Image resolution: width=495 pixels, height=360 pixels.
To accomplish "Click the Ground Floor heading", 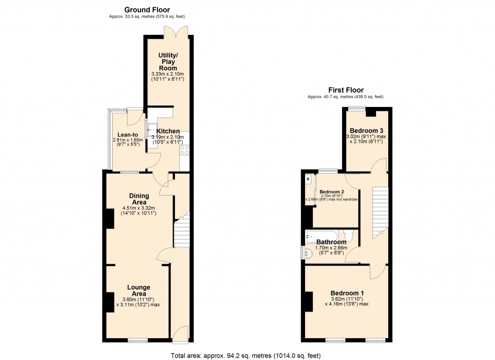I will [x=147, y=10].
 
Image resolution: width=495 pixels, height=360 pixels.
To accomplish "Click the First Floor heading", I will [x=346, y=90].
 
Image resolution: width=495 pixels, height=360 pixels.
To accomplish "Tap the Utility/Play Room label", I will [x=168, y=61].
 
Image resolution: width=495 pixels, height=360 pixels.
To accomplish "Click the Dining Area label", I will [x=139, y=199].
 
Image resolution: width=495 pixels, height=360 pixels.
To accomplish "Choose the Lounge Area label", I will [x=138, y=290].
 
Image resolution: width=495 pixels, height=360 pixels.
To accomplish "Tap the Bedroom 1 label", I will [x=347, y=293].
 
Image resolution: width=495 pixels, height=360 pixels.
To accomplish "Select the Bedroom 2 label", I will [x=332, y=192].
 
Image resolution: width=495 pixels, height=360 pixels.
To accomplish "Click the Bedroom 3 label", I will [x=366, y=131].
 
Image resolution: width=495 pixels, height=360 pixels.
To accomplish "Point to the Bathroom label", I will [x=331, y=242].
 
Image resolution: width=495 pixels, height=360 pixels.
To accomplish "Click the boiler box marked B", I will [x=307, y=180].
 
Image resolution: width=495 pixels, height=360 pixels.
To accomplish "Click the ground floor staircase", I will [x=181, y=233].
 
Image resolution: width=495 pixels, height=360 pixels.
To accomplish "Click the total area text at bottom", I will [x=246, y=356].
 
